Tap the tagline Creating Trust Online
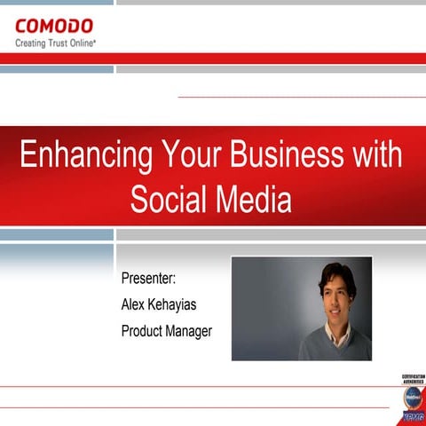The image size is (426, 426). [55, 42]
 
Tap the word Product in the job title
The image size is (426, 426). [143, 332]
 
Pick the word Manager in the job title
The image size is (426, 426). [190, 332]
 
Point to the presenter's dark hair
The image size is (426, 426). [337, 274]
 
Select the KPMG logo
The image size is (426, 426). [414, 415]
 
